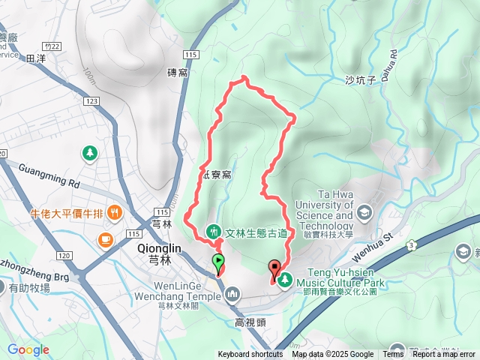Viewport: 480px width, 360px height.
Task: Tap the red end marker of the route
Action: tap(274, 269)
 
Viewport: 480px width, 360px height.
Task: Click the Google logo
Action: tap(28, 349)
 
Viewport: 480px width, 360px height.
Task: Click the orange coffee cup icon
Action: tap(104, 239)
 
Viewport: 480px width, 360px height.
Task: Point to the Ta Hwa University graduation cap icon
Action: tap(364, 211)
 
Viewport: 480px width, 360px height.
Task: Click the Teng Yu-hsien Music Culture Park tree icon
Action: tap(285, 280)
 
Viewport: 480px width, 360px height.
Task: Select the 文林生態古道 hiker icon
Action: tap(213, 230)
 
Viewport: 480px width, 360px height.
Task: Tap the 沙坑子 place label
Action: tap(359, 80)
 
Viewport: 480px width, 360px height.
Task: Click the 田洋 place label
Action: tap(35, 57)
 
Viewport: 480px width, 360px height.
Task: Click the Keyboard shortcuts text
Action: tap(250, 355)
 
